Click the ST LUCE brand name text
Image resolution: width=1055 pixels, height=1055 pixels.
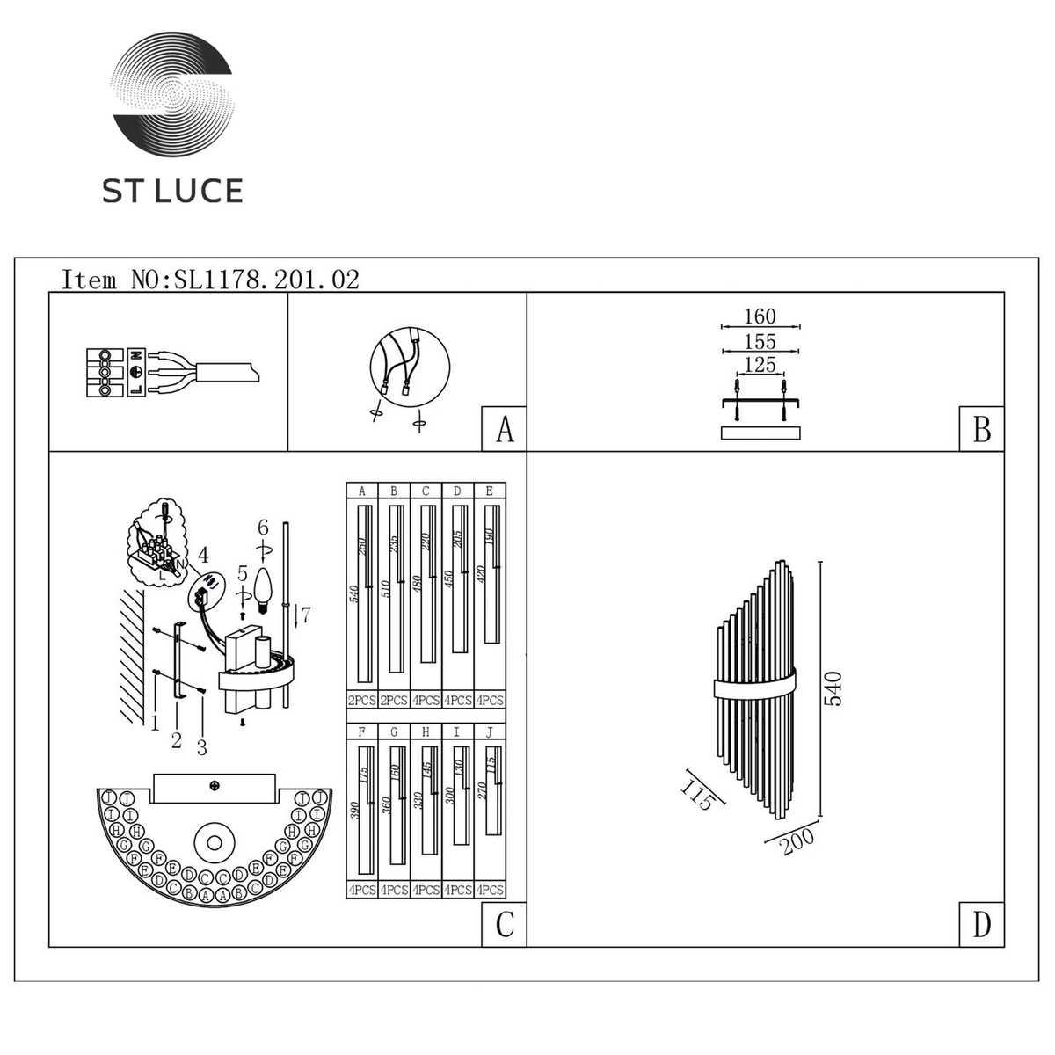[x=172, y=191]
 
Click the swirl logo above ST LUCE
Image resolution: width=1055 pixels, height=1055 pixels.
[x=172, y=96]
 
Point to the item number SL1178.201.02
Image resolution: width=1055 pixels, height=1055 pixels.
[x=267, y=280]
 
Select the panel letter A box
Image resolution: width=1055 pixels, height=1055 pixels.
[x=504, y=430]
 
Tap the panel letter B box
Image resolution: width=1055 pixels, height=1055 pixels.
[x=981, y=430]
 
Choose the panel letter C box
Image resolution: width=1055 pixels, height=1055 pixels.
[x=504, y=925]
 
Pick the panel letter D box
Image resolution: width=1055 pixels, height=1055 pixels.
[x=981, y=925]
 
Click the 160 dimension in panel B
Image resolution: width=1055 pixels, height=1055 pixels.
[x=760, y=316]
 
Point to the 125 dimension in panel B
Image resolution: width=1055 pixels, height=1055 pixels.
[x=760, y=364]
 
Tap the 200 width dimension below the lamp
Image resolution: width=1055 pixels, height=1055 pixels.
[x=797, y=840]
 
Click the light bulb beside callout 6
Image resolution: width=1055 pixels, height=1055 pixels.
[x=262, y=585]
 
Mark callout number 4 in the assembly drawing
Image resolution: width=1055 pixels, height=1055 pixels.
[x=203, y=555]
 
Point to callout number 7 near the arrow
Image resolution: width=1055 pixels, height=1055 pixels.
[x=305, y=615]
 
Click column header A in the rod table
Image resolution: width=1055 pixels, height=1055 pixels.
[x=362, y=491]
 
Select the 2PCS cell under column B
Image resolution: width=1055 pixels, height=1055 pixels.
[x=394, y=701]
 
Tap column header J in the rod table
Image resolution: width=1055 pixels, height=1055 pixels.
[x=490, y=731]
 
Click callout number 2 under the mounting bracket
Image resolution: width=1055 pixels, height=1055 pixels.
[x=176, y=740]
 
